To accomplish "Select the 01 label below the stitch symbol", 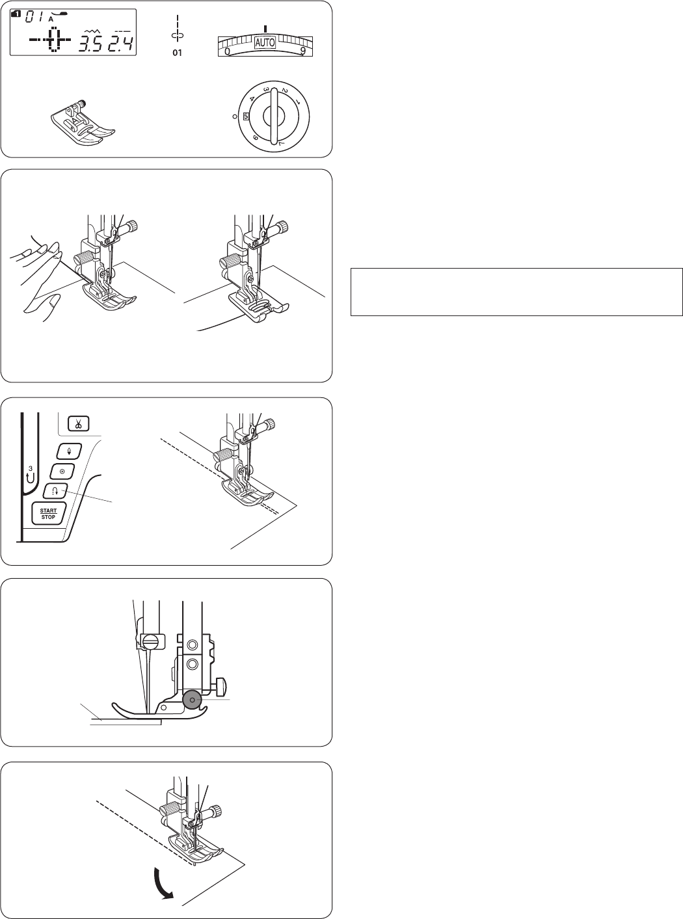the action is [177, 53].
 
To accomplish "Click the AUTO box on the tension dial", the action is [265, 42].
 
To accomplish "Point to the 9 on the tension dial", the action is [303, 51].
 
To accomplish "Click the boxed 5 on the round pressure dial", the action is [246, 116].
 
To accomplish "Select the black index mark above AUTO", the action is [265, 29].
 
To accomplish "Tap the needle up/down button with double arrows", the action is [69, 451].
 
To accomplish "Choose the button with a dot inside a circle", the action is [62, 472].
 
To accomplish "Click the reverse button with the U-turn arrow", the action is [55, 492].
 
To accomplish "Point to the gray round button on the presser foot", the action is [191, 700].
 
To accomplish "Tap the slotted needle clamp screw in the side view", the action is [150, 642].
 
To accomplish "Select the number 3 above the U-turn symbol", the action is [31, 468].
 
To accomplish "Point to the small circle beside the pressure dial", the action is [235, 117].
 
